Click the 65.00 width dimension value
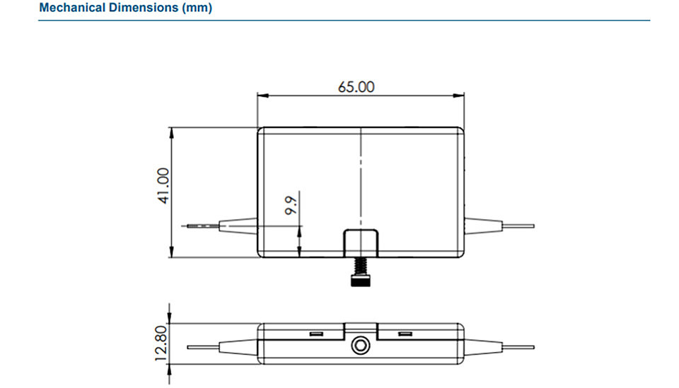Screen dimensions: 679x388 (x=356, y=87)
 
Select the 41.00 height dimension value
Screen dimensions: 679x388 (x=163, y=186)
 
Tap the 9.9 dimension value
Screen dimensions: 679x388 (x=291, y=205)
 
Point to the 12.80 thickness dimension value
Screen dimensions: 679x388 (x=161, y=343)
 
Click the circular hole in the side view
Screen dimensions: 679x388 (x=360, y=345)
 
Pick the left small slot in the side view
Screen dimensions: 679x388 (x=317, y=334)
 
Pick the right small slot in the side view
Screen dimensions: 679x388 (x=405, y=334)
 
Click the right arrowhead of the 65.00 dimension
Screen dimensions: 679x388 (x=458, y=95)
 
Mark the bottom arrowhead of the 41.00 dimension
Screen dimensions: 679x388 (x=171, y=252)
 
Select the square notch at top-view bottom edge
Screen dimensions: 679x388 (x=361, y=243)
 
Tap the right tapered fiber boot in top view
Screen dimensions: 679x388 (x=483, y=225)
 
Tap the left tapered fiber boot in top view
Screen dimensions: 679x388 (x=238, y=225)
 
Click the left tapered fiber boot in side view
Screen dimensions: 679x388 (x=238, y=347)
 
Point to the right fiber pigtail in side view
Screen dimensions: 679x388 (x=518, y=347)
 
